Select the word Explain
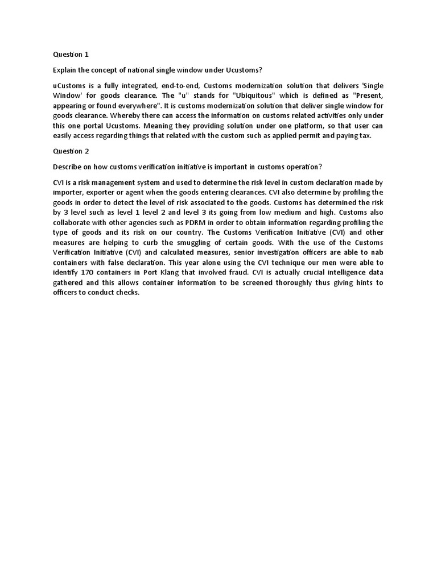65,70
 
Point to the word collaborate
73,222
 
